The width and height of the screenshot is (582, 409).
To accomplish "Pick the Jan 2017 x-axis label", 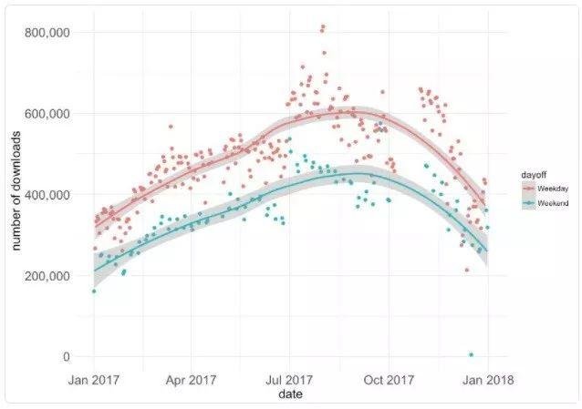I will click(x=93, y=379).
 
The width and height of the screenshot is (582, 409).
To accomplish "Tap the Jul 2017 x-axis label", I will click(x=289, y=379).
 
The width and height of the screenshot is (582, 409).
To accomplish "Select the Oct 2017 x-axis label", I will click(x=389, y=379).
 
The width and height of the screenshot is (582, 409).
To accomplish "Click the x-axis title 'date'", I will click(x=290, y=394).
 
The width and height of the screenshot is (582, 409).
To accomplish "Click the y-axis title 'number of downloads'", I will click(x=16, y=193).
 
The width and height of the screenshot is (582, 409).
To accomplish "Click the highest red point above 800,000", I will click(x=322, y=28).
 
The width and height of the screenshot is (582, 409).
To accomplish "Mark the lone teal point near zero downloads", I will click(x=471, y=354).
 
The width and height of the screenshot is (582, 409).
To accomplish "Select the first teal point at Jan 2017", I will click(x=94, y=291).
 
